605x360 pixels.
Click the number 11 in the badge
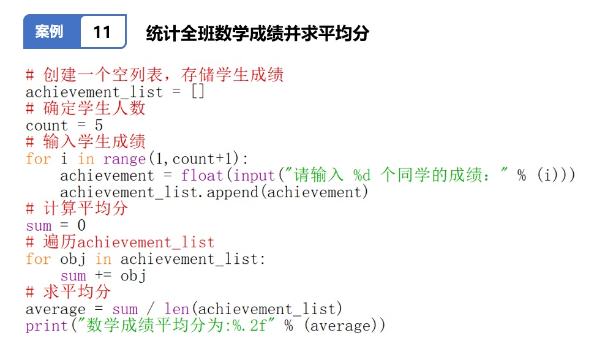point(102,32)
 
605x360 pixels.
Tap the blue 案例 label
point(49,32)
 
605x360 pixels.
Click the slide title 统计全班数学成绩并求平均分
point(257,33)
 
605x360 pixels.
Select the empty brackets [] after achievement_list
point(198,92)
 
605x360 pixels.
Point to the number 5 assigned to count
point(99,126)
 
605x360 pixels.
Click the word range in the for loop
point(124,159)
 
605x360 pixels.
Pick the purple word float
point(202,176)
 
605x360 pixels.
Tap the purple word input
point(254,176)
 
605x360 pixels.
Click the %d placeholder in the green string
point(361,176)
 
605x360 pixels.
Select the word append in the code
point(232,192)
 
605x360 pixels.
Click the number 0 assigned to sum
point(81,225)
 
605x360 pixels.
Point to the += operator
point(103,275)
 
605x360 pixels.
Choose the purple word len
point(176,309)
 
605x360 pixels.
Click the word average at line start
point(56,309)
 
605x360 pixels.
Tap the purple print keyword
point(47,326)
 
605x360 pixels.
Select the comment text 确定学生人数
point(94,108)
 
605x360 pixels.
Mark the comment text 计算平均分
point(85,208)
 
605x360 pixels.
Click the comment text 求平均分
point(77,292)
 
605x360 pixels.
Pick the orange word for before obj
point(38,259)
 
